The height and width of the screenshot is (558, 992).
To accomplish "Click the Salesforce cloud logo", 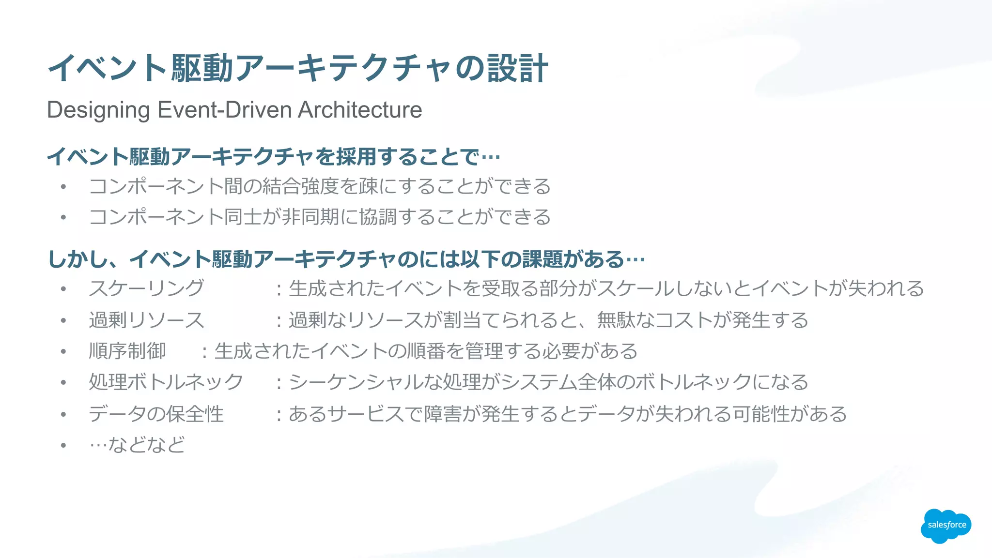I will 945,526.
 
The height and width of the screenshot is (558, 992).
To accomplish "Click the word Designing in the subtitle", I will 98,110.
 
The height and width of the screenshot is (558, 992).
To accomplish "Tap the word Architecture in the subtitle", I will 360,110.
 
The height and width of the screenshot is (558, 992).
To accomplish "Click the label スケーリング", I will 147,289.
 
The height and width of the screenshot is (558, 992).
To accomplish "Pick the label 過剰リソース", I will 147,320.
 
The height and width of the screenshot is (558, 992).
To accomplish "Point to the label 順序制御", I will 127,351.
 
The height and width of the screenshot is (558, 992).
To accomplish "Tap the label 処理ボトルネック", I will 166,382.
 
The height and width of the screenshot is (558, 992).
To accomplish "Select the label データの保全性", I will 156,414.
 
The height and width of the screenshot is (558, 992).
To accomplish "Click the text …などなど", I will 137,445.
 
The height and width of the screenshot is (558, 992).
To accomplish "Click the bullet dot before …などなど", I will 63,445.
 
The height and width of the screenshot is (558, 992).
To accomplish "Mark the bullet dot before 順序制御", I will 63,352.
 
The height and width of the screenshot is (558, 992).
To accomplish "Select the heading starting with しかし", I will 346,259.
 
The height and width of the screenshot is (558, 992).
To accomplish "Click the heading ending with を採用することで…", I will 274,157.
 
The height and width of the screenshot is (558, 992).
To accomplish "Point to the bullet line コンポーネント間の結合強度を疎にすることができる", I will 320,187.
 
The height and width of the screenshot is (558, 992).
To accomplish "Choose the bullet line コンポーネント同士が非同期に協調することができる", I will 320,217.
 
